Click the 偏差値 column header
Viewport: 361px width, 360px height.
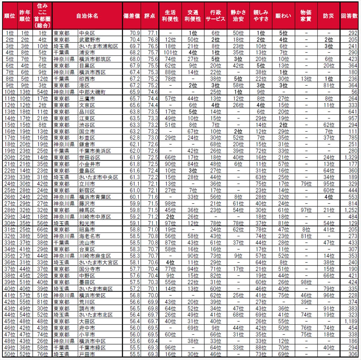[132, 16]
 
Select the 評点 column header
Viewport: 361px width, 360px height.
[150, 16]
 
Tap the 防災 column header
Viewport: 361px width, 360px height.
[329, 16]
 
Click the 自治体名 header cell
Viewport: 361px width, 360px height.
[87, 16]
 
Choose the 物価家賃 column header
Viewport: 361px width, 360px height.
[306, 16]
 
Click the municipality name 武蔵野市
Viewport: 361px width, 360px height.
[89, 39]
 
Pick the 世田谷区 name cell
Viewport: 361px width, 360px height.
[89, 158]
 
